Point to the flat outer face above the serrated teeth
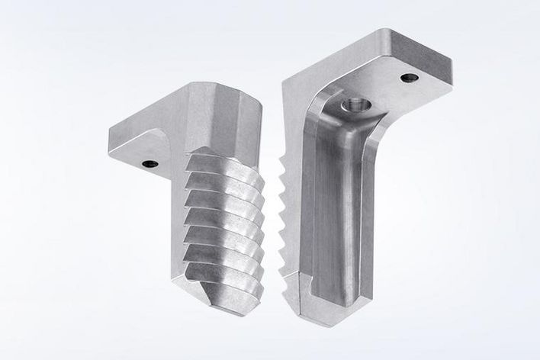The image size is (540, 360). [x=294, y=122]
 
